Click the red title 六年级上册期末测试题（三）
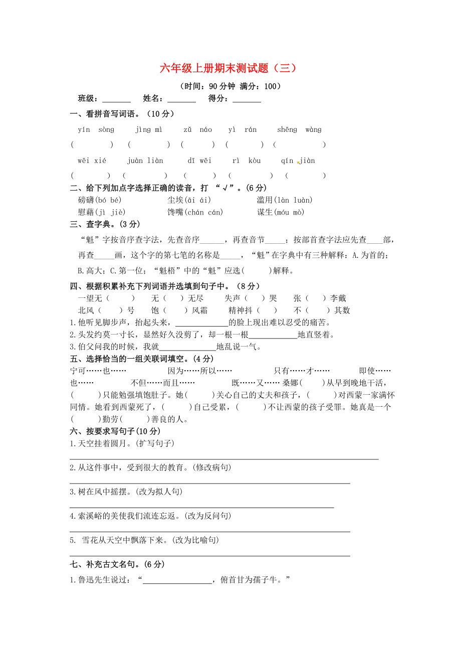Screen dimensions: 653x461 point(228,68)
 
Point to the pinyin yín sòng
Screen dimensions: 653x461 point(96,130)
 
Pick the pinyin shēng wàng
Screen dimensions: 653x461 point(299,130)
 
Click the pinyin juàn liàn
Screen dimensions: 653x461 point(145,161)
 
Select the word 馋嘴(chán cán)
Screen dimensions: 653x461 point(195,212)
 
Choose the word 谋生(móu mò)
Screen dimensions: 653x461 point(281,212)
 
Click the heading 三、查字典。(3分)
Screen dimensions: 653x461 point(105,224)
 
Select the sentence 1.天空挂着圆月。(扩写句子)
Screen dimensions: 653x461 point(122,443)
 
